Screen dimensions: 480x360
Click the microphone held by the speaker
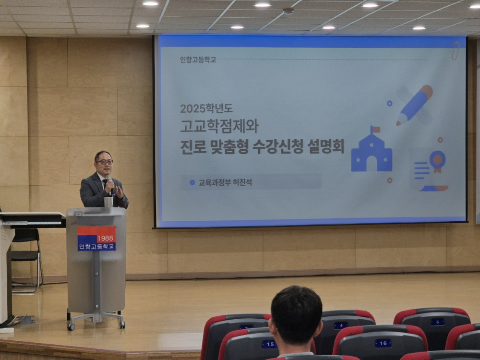(110, 185)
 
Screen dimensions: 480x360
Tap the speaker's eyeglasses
(104, 162)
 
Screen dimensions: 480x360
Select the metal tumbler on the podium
(108, 202)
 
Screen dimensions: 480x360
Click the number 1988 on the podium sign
(105, 238)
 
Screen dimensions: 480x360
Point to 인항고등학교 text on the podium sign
(96, 246)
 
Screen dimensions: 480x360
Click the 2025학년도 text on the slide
(206, 108)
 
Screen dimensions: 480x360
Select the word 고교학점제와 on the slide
(219, 126)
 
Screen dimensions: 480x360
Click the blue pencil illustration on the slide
(414, 105)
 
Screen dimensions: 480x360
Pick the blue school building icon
(372, 150)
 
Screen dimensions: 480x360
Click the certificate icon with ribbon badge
(429, 170)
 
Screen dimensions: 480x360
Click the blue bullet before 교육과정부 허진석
(192, 182)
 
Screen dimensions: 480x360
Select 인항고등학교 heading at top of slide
(198, 60)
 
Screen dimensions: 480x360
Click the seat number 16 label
(383, 343)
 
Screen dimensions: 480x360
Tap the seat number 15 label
(269, 344)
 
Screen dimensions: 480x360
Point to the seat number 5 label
(437, 322)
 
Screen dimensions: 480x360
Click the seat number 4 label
(341, 325)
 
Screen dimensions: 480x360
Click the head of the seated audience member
(296, 316)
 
